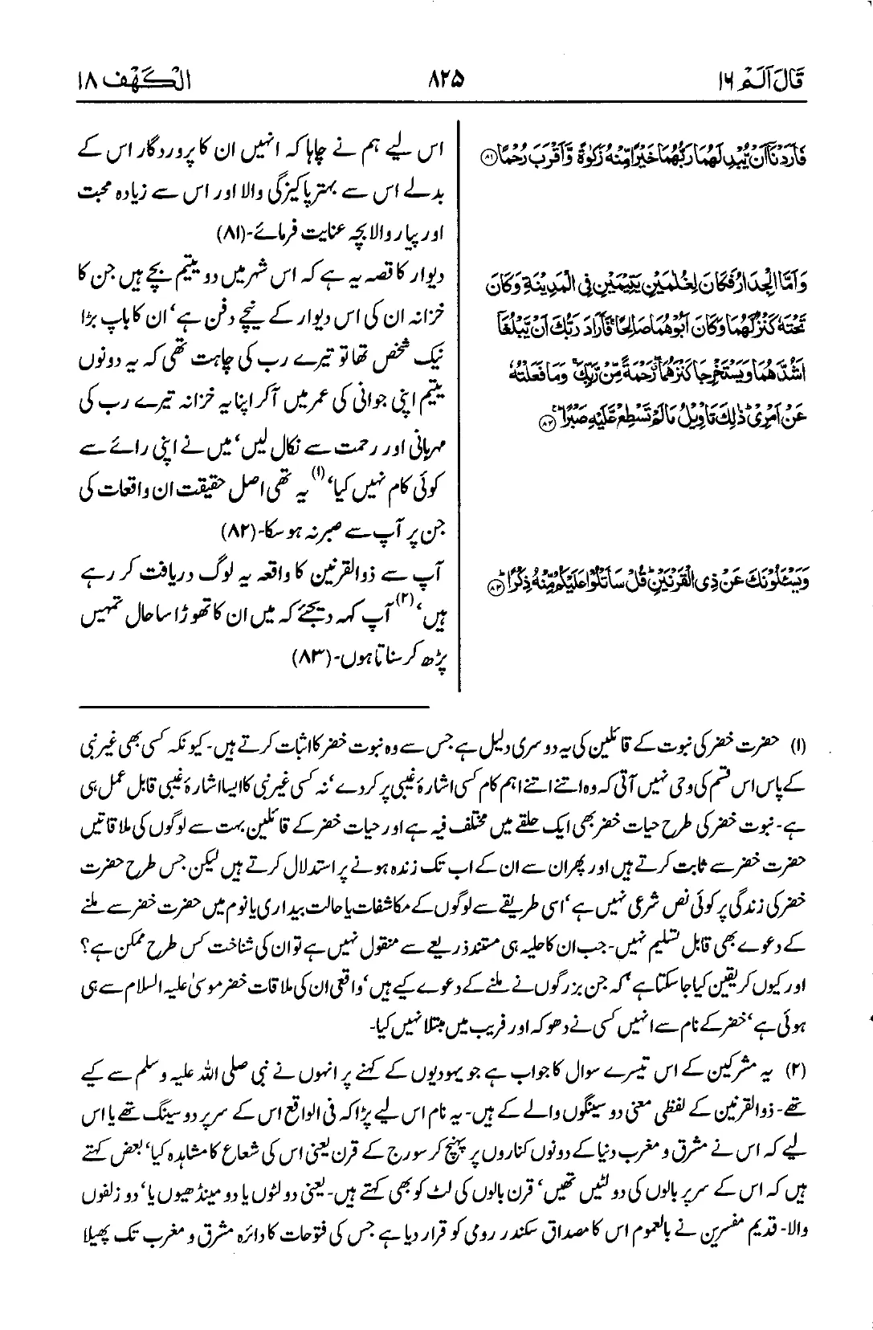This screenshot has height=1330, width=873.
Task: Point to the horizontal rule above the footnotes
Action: click(254, 706)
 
